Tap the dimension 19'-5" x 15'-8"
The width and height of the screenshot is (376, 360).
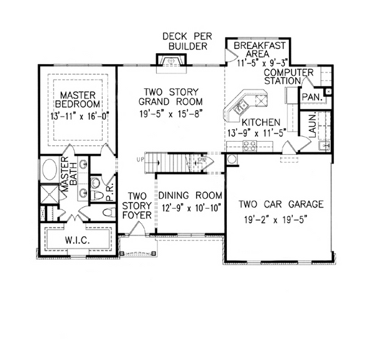(171, 114)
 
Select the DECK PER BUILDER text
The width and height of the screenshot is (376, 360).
(187, 41)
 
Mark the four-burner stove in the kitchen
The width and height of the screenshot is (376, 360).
(249, 146)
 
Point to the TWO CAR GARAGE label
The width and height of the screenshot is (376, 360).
(281, 204)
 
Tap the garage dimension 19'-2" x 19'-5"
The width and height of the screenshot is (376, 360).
(281, 220)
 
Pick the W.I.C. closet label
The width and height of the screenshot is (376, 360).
(77, 240)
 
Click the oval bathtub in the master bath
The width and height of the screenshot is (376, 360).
(50, 171)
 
